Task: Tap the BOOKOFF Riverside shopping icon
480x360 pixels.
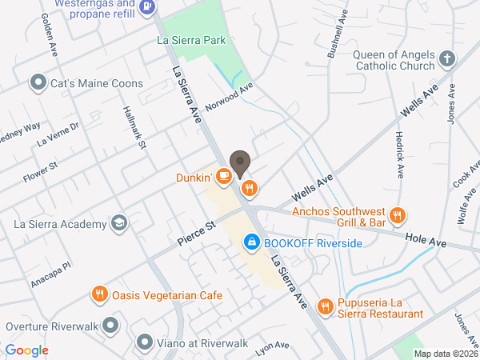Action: pyautogui.click(x=250, y=241)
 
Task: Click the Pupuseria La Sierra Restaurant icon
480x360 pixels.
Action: pyautogui.click(x=325, y=306)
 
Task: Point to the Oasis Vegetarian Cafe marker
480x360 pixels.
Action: pyautogui.click(x=99, y=294)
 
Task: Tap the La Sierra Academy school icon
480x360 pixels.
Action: pyautogui.click(x=118, y=222)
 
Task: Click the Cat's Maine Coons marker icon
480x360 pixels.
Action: pyautogui.click(x=37, y=82)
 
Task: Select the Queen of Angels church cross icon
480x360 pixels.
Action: pyautogui.click(x=446, y=58)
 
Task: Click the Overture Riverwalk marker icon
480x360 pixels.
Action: pyautogui.click(x=110, y=326)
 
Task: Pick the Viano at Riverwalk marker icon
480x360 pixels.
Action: pyautogui.click(x=145, y=342)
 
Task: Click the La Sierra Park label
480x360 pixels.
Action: pyautogui.click(x=192, y=40)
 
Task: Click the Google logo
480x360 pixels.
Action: pyautogui.click(x=27, y=350)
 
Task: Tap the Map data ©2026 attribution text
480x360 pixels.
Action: pyautogui.click(x=445, y=354)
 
